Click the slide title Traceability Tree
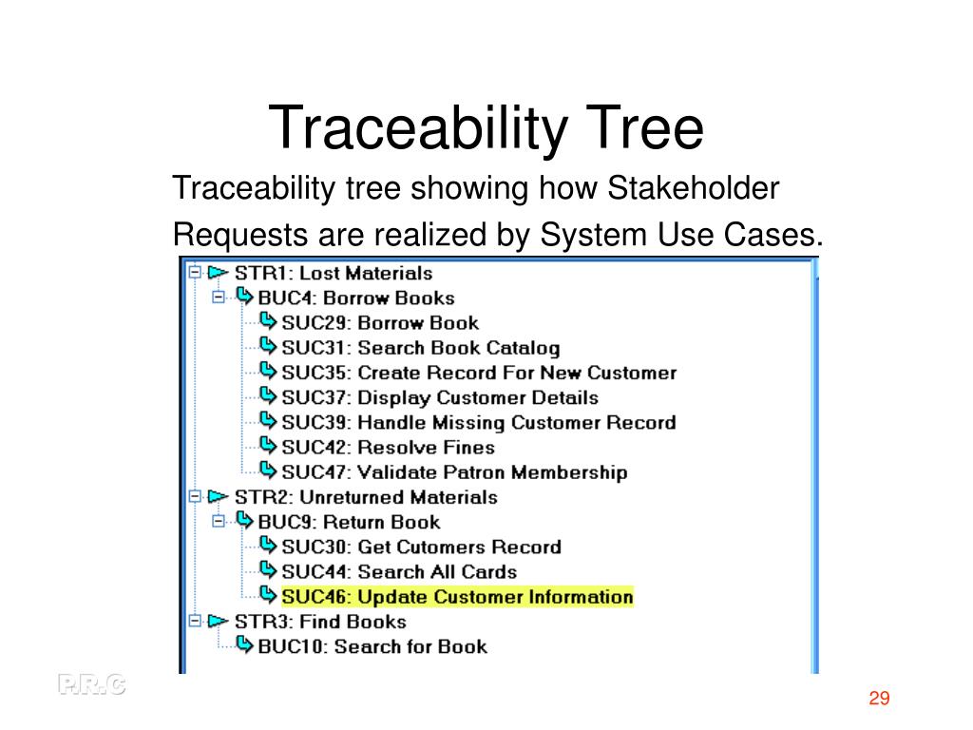[486, 130]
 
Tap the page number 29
[878, 700]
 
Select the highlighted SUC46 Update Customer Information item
[457, 597]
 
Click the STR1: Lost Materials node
[333, 274]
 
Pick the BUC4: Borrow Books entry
[356, 298]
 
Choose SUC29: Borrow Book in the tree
[380, 323]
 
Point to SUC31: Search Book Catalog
[420, 348]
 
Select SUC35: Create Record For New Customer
[479, 373]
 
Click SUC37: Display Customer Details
[440, 397]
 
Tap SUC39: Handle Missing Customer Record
[478, 422]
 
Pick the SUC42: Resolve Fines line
[388, 447]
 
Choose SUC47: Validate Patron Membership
[454, 472]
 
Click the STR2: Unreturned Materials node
[365, 497]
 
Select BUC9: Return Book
[349, 522]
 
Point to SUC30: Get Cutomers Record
[421, 547]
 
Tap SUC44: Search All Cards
[399, 572]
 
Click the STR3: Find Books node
[319, 622]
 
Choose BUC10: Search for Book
[372, 646]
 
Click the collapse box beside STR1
[195, 273]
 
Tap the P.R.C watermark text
[91, 684]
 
